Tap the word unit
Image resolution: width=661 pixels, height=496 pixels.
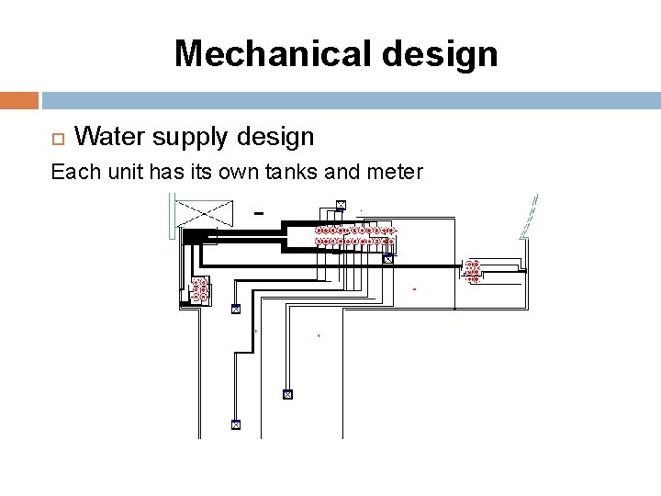coord(115,172)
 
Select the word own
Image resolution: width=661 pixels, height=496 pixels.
coord(232,172)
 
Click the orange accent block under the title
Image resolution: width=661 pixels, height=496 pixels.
coord(19,99)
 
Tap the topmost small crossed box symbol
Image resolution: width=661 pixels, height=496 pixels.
coord(341,204)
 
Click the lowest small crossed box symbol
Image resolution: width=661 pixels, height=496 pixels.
coord(235,425)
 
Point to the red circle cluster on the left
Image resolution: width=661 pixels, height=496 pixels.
coord(199,290)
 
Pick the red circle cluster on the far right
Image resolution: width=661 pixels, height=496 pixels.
coord(473,271)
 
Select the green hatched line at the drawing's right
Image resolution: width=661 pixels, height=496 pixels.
coord(529,219)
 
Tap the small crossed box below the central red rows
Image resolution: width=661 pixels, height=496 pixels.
coord(387,259)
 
